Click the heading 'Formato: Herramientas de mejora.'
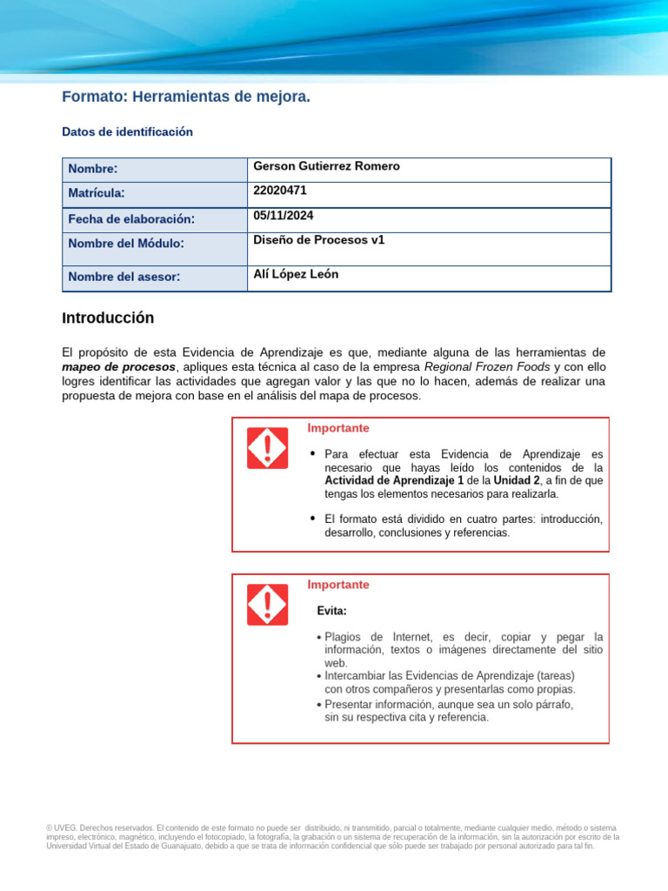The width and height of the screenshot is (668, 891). [x=186, y=97]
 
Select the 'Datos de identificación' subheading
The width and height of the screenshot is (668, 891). [x=127, y=132]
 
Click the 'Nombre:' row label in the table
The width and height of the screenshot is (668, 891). [x=93, y=170]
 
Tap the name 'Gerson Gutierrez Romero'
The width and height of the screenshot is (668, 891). [x=326, y=166]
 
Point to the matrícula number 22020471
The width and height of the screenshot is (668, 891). [x=279, y=191]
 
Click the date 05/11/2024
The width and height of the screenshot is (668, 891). [x=283, y=215]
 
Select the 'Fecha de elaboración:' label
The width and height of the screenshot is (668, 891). [x=130, y=219]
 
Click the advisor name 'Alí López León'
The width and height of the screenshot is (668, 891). [x=295, y=274]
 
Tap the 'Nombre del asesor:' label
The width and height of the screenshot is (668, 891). [x=124, y=278]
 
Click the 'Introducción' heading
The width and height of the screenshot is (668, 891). [x=108, y=318]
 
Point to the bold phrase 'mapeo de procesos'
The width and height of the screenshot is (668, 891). [x=118, y=367]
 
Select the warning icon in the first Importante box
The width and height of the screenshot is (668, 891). [x=267, y=448]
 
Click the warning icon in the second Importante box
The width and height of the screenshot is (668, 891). [x=267, y=605]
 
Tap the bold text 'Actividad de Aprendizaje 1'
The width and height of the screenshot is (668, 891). [x=395, y=480]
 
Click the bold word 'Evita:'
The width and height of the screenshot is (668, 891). [x=337, y=611]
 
